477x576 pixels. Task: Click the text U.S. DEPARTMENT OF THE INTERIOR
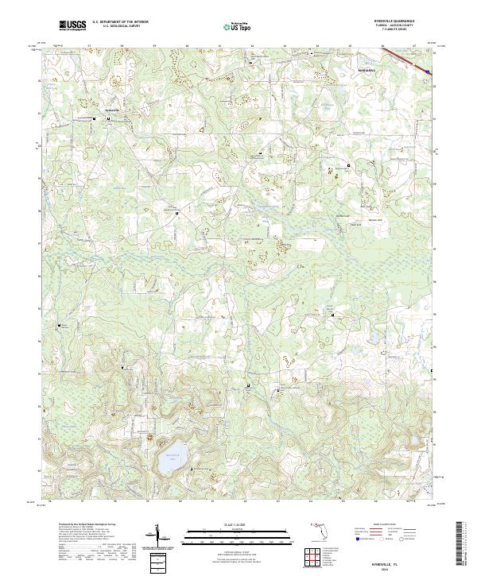coord(120,22)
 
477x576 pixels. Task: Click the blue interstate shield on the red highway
coord(428,72)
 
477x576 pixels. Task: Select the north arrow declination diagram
coord(161,536)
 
